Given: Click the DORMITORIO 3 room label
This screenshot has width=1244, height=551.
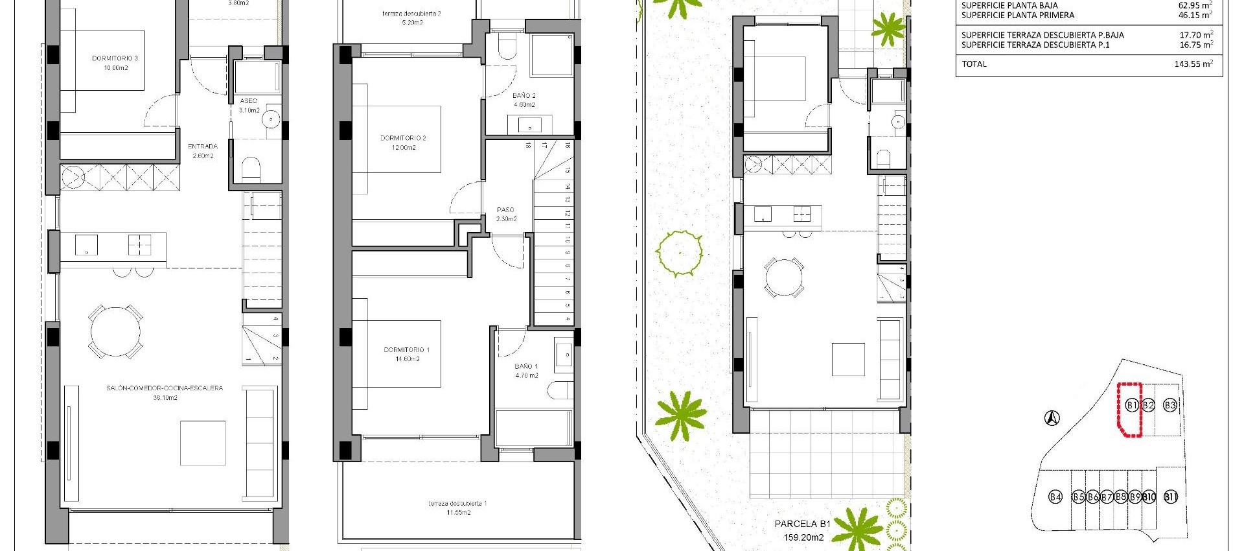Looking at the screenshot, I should point(115,63).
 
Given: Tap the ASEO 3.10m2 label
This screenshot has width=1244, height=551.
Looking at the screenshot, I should point(249,106).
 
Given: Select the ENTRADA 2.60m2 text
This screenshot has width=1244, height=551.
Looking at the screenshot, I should point(203,151).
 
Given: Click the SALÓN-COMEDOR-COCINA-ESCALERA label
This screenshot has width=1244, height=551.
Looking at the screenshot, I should point(165,392).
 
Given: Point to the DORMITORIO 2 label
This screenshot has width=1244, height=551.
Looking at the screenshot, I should point(403,143).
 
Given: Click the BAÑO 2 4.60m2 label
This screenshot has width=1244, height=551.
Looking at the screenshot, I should point(524,100).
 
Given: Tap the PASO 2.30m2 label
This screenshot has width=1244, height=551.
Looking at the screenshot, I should point(506,214).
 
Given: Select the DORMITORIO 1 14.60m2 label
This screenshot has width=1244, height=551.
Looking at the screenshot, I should point(407,354).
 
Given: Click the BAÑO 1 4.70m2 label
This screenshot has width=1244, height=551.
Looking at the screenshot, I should point(526,371).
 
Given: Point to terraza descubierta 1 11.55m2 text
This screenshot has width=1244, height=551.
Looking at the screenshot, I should point(458,508).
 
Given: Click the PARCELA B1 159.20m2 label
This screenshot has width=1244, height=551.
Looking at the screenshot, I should point(803,530).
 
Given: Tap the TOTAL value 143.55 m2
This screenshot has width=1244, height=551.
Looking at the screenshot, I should point(1193,64).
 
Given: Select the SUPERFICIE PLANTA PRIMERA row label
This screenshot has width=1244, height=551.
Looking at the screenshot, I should point(1017,16).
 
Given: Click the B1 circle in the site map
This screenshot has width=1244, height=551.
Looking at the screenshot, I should point(1131,405).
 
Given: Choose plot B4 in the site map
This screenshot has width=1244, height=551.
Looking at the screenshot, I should point(1055,497).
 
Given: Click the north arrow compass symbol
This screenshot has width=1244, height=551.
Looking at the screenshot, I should point(1052,418).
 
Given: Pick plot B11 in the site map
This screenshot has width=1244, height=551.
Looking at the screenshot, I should point(1170,497).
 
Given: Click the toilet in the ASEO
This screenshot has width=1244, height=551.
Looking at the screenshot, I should point(250,169).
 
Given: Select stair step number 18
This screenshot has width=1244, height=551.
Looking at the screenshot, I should point(529,146).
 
